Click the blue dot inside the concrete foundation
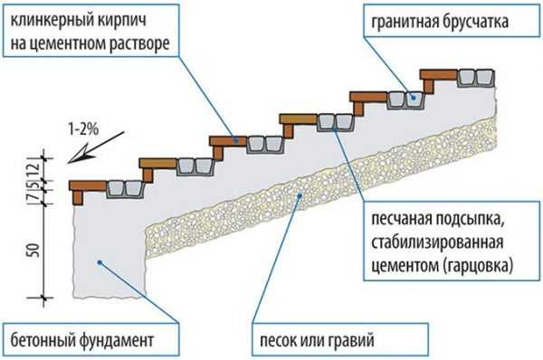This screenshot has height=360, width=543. [x=100, y=261]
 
